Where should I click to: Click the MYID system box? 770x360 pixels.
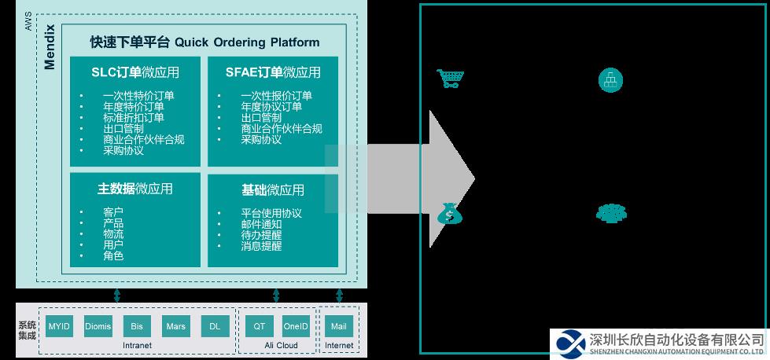pyautogui.click(x=59, y=326)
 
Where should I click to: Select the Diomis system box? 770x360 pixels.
pyautogui.click(x=98, y=326)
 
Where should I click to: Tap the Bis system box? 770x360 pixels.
pyautogui.click(x=137, y=326)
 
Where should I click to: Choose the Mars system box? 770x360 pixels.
pyautogui.click(x=176, y=326)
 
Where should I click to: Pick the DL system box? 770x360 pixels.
pyautogui.click(x=215, y=326)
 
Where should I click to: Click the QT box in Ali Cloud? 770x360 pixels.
pyautogui.click(x=260, y=326)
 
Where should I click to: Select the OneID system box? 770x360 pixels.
pyautogui.click(x=296, y=326)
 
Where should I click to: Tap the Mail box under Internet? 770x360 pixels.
pyautogui.click(x=339, y=326)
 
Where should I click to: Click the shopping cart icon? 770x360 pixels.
pyautogui.click(x=451, y=79)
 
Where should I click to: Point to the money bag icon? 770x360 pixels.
pyautogui.click(x=450, y=214)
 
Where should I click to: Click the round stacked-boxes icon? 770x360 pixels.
pyautogui.click(x=610, y=80)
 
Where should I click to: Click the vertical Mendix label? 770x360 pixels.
pyautogui.click(x=50, y=47)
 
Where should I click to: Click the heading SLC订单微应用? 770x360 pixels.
pyautogui.click(x=135, y=72)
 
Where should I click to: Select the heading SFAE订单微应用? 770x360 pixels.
pyautogui.click(x=273, y=72)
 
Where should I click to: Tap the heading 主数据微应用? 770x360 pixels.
pyautogui.click(x=135, y=189)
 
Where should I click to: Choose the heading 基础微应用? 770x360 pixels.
pyautogui.click(x=273, y=189)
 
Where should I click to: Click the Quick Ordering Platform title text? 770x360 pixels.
pyautogui.click(x=247, y=42)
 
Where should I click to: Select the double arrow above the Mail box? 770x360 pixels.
pyautogui.click(x=339, y=296)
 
